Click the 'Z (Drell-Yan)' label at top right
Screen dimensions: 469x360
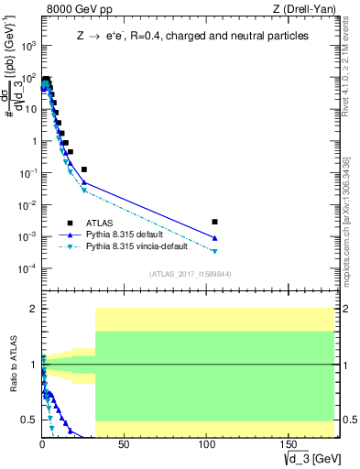pos(303,10)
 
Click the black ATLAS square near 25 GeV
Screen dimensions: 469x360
pos(84,169)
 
